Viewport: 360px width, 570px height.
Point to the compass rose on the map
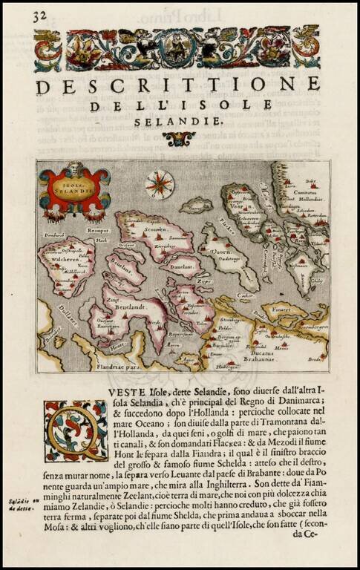click(x=159, y=183)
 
